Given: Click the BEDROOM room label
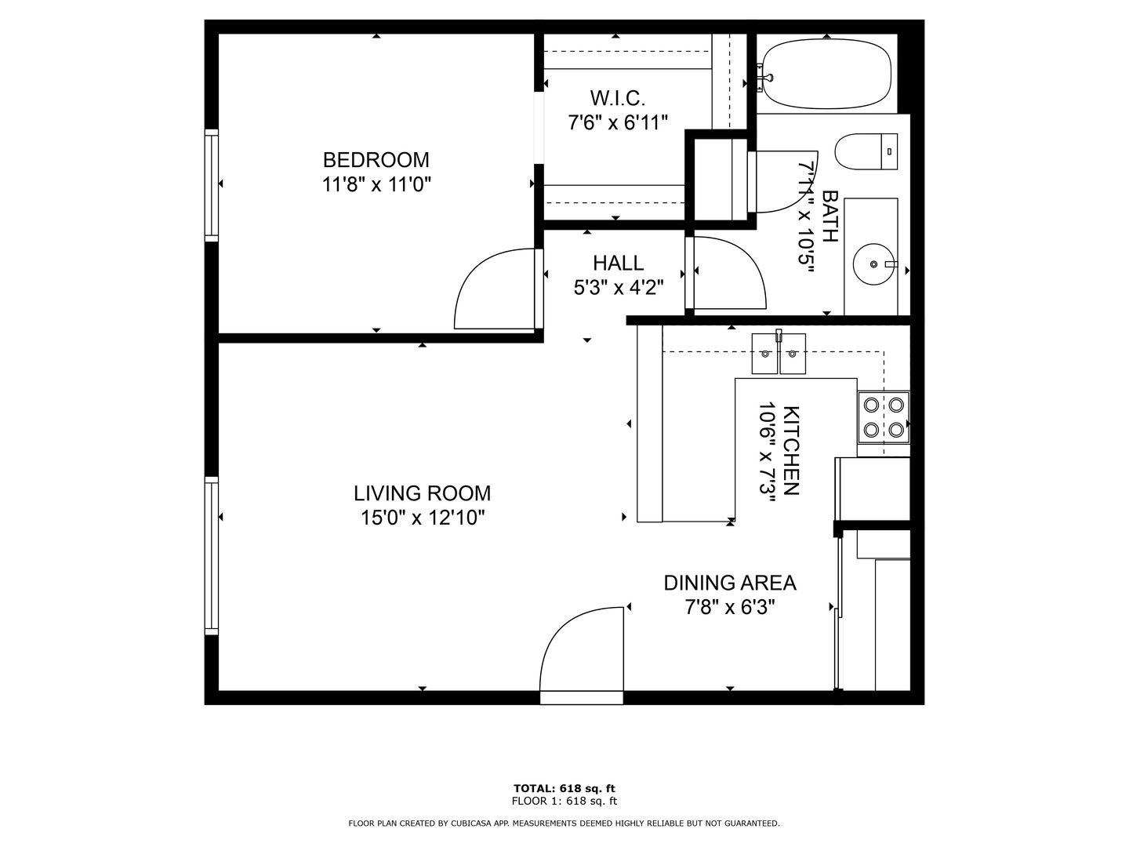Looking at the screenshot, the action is click(x=376, y=160).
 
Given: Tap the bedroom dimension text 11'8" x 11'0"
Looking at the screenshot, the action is click(x=376, y=184).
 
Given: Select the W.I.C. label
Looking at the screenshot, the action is click(x=617, y=98).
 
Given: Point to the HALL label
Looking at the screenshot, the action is click(x=618, y=264).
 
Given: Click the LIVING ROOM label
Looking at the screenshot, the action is click(x=422, y=494).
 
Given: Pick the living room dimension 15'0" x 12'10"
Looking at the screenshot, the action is click(x=423, y=518).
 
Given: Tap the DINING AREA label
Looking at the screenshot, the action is click(x=729, y=583).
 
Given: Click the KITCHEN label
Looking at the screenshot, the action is click(x=790, y=450).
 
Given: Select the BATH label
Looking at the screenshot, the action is click(x=830, y=216).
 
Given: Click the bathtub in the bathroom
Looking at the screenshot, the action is click(x=826, y=74).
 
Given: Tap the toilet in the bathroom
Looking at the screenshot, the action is click(x=866, y=151).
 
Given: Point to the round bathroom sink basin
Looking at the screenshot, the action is click(x=874, y=264).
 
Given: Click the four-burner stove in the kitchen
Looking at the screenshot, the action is click(x=883, y=417).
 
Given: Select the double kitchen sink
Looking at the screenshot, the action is click(x=779, y=353).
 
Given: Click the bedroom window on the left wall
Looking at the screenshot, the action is click(x=212, y=185).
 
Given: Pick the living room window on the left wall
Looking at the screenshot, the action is click(x=212, y=556).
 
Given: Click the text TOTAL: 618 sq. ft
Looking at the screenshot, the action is click(x=564, y=788).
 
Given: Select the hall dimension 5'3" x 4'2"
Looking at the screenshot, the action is click(x=619, y=288).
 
